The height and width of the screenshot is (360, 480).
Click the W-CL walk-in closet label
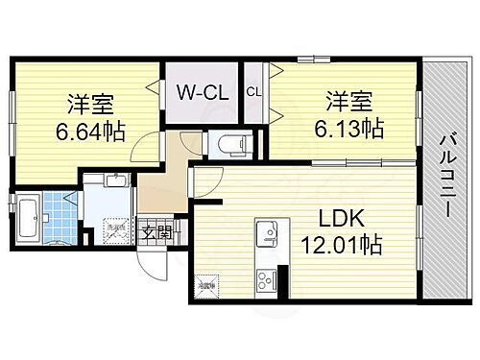(201, 92)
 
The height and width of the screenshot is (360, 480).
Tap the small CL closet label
(253, 91)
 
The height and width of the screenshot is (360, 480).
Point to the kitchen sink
(268, 234)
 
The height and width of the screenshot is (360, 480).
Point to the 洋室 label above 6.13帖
(347, 99)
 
